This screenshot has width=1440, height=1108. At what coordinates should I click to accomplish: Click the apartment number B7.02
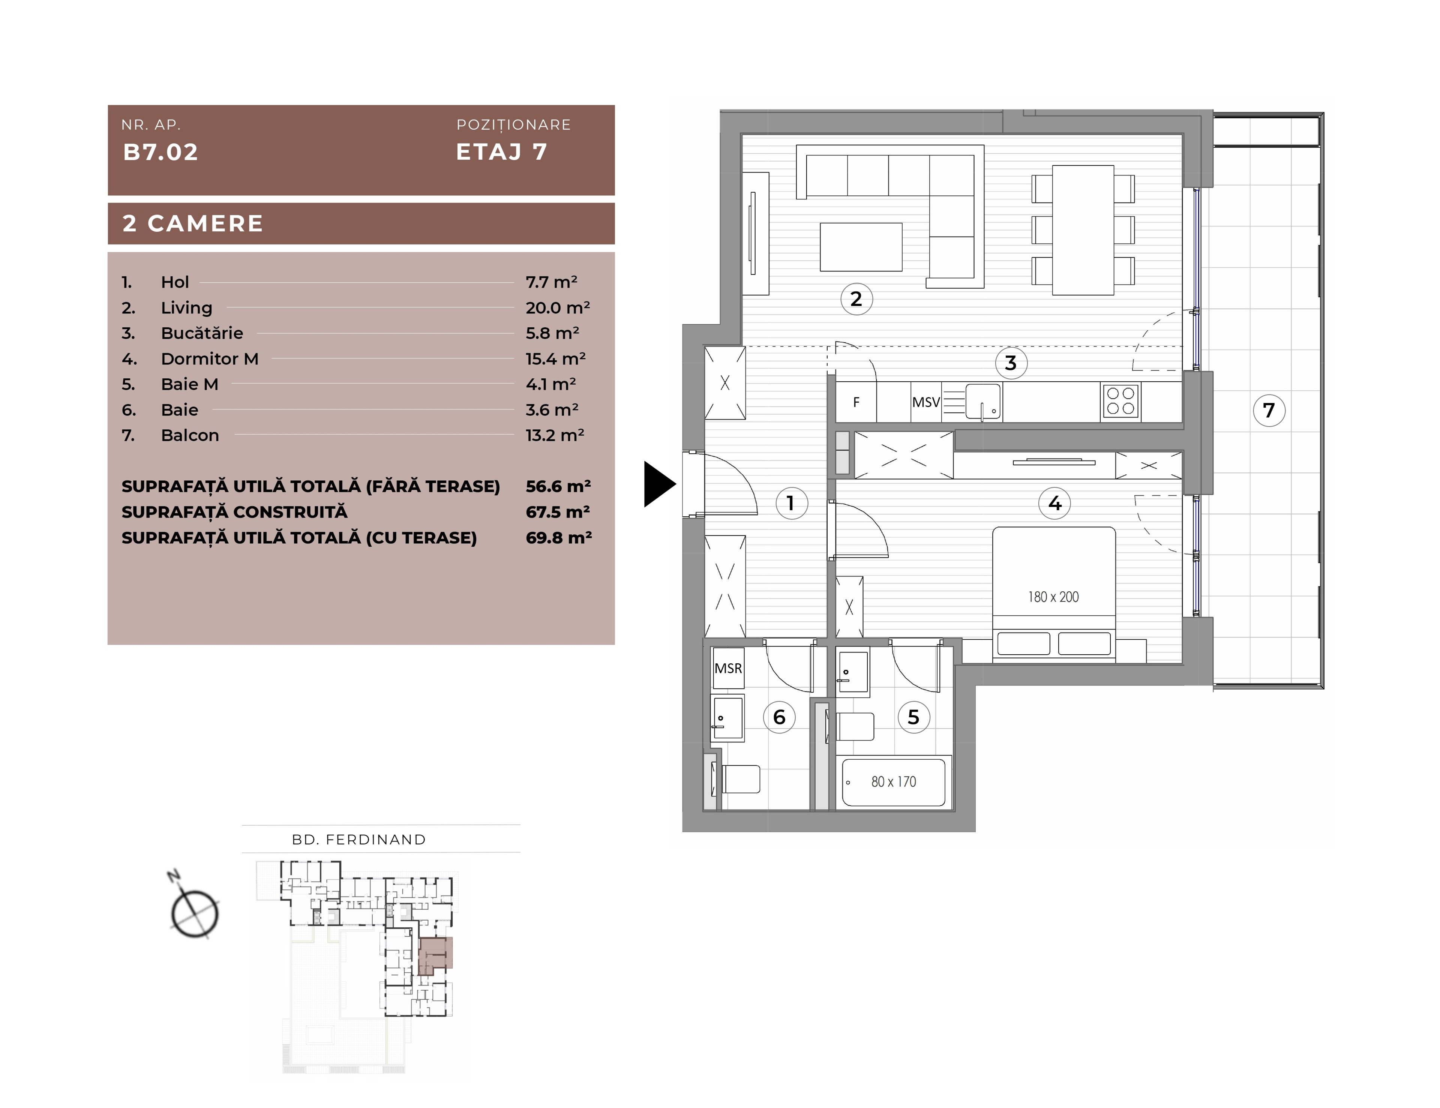pyautogui.click(x=160, y=152)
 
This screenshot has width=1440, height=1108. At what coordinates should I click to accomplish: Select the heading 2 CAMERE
pyautogui.click(x=192, y=223)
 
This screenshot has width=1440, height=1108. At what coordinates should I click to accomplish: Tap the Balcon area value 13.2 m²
pyautogui.click(x=555, y=435)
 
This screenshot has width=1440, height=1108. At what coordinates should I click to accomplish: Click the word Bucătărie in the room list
pyautogui.click(x=202, y=333)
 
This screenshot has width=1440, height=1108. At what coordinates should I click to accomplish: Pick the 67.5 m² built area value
pyautogui.click(x=558, y=511)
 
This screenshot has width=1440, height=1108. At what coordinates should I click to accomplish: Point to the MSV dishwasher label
pyautogui.click(x=926, y=402)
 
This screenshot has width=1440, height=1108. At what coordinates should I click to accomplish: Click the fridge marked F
pyautogui.click(x=856, y=402)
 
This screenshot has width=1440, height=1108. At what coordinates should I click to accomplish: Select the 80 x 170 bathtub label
pyautogui.click(x=893, y=782)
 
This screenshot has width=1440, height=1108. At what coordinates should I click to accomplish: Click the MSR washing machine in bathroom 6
pyautogui.click(x=728, y=668)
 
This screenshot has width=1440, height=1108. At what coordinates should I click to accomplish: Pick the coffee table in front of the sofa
pyautogui.click(x=861, y=246)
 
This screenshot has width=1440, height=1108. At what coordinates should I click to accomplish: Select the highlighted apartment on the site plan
pyautogui.click(x=435, y=954)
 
